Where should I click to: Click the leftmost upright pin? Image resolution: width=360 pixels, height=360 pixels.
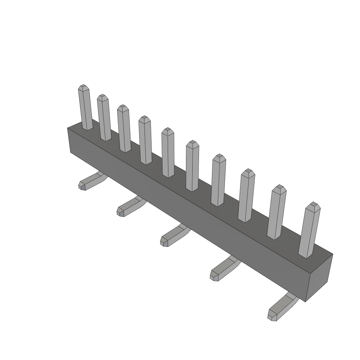[85, 109]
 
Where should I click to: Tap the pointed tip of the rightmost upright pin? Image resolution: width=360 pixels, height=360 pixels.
[313, 205]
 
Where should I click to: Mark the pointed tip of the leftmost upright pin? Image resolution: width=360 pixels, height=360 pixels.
[83, 86]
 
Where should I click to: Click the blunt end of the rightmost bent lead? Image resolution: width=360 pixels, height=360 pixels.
[271, 315]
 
